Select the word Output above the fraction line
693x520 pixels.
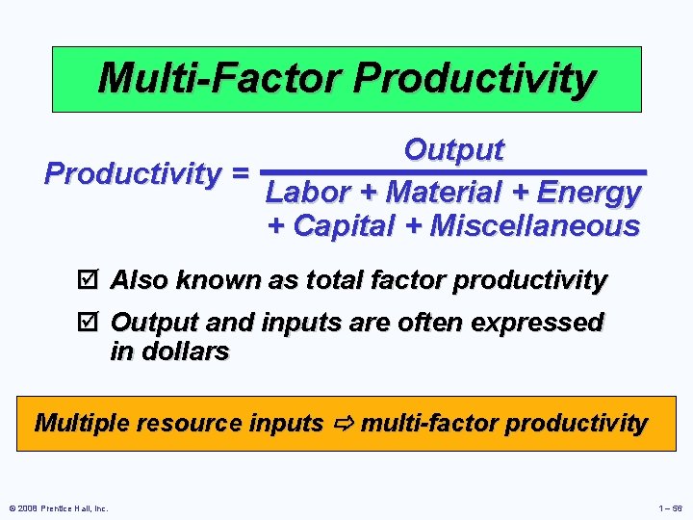coord(453,150)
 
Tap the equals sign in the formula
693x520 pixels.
coord(239,173)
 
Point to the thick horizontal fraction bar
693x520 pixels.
coord(452,172)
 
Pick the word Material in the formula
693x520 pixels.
coord(443,193)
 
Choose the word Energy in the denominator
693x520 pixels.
coord(588,193)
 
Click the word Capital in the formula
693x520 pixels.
coord(344,226)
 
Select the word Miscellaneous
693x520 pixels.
coord(534,226)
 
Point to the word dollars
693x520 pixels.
coord(183,351)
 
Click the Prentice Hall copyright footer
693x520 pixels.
coord(59,508)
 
